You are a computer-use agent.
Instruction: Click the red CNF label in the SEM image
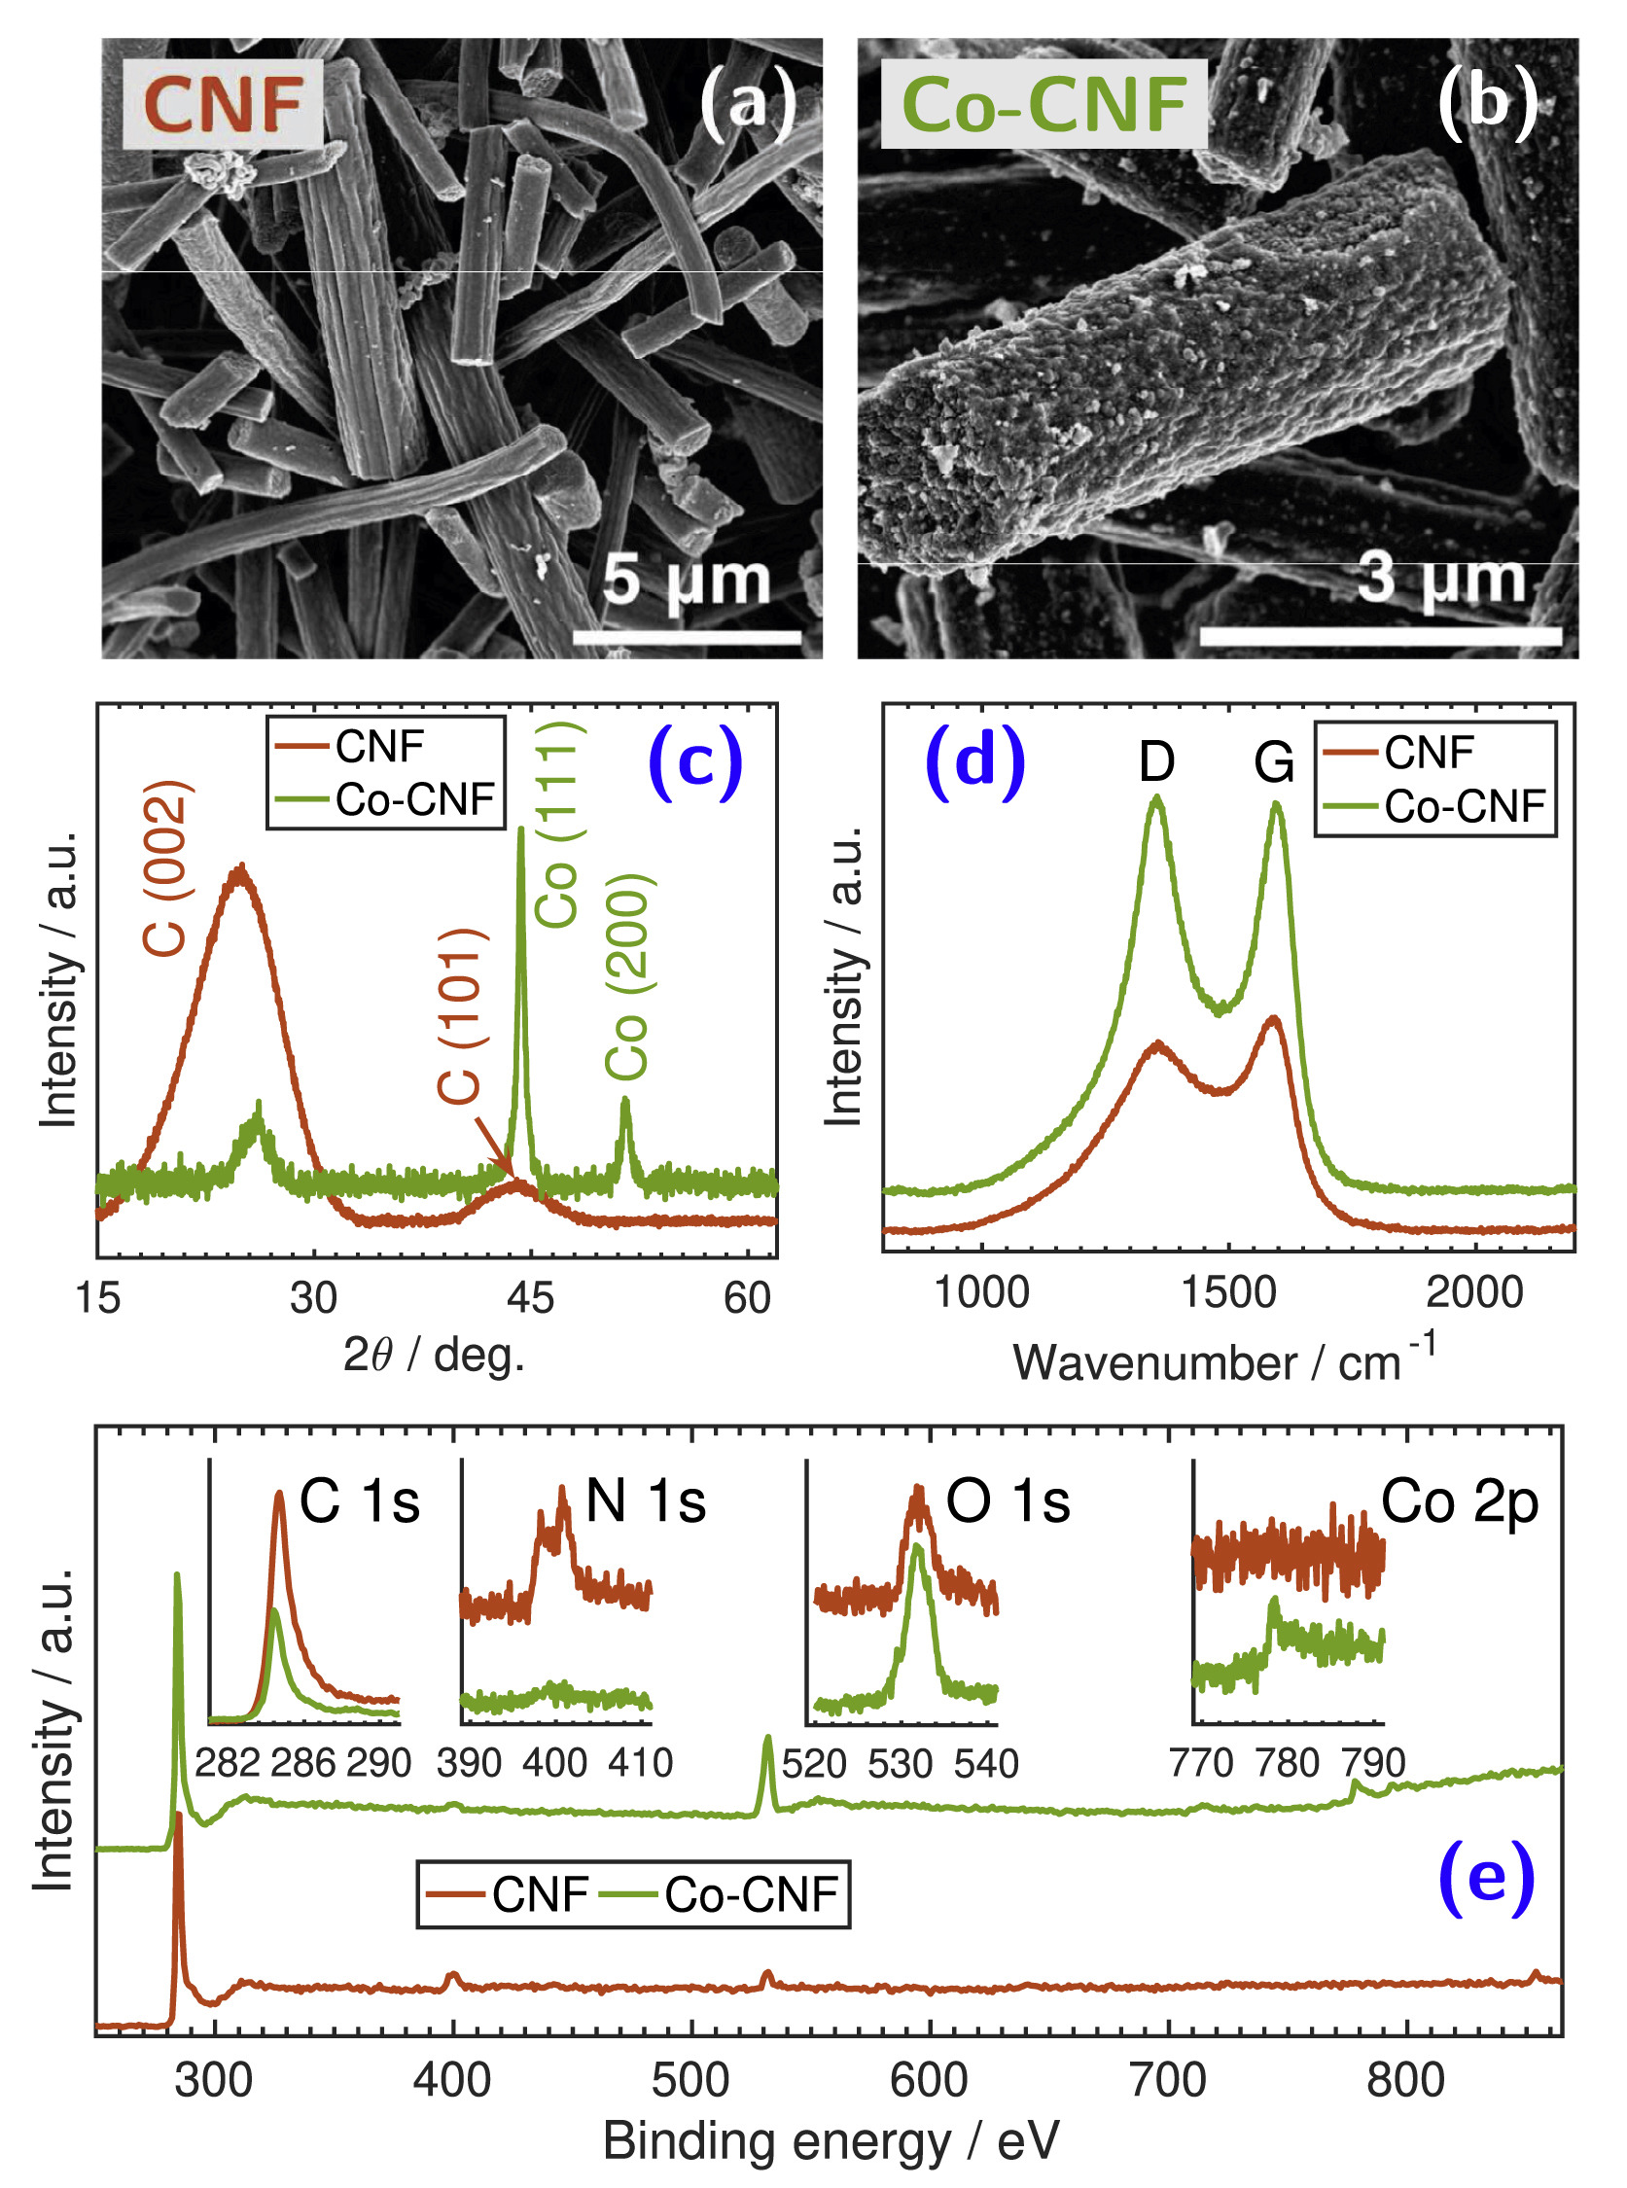[223, 104]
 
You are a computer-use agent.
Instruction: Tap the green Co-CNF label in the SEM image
[1043, 104]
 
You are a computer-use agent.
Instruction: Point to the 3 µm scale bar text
[1441, 577]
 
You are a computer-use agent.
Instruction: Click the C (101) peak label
[460, 1015]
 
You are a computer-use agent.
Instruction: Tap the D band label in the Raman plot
[1157, 761]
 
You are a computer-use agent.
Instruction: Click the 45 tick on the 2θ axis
[531, 1299]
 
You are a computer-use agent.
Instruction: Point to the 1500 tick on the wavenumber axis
[1229, 1293]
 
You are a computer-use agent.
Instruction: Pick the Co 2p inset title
[1460, 1501]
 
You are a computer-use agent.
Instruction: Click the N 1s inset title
[645, 1501]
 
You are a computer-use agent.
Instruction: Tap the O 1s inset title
[1008, 1501]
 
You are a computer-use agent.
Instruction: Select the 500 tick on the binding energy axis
[690, 2081]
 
